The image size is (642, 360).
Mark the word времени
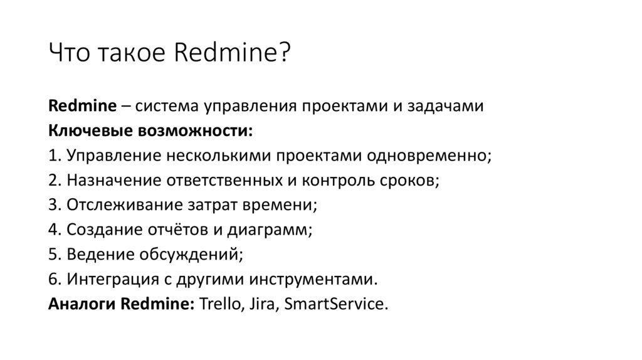281,206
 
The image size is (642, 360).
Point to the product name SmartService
336,305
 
